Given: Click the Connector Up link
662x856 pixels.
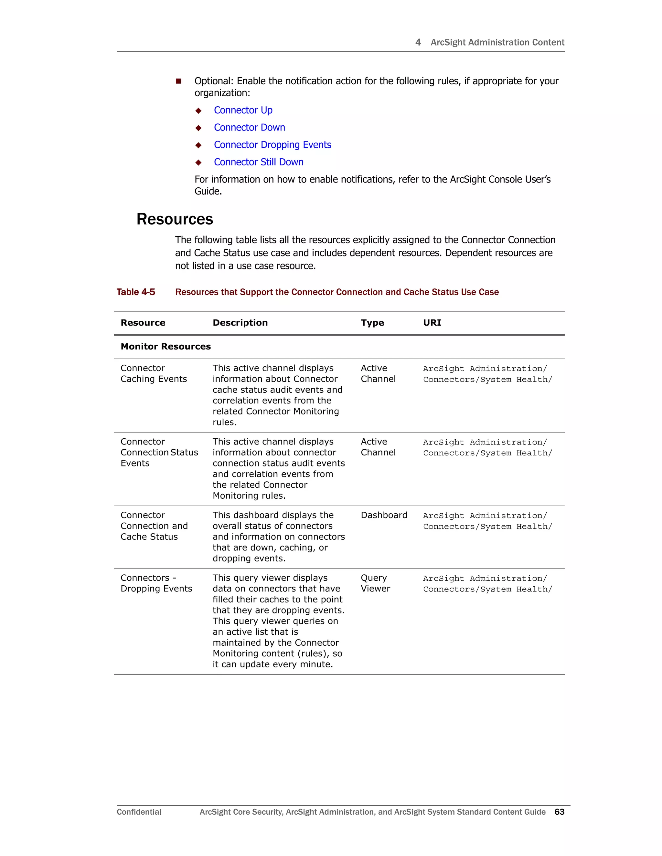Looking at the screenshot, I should click(243, 110).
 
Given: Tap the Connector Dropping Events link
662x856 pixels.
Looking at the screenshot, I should click(272, 145).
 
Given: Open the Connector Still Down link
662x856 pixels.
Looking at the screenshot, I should click(259, 162).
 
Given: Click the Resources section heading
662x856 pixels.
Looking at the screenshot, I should click(175, 219).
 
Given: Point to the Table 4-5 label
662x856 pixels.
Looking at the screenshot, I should click(136, 292).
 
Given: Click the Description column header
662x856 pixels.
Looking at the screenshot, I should click(240, 323).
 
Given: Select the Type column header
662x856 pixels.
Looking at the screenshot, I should click(372, 323).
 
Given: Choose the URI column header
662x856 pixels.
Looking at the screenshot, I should click(432, 323).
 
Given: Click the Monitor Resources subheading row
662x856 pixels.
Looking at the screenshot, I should click(165, 347).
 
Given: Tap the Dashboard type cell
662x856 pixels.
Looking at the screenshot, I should click(384, 515).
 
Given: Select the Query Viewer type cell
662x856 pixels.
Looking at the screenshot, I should click(375, 583).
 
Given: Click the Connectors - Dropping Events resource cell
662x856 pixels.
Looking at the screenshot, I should click(156, 583).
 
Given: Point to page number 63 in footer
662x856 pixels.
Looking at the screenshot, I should click(559, 812).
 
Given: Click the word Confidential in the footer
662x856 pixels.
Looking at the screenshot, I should click(139, 812).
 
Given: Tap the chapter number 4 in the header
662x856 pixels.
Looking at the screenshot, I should click(418, 42).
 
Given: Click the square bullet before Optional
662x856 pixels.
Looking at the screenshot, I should click(178, 81).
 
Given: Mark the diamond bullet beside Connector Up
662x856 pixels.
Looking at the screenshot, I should click(198, 111).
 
